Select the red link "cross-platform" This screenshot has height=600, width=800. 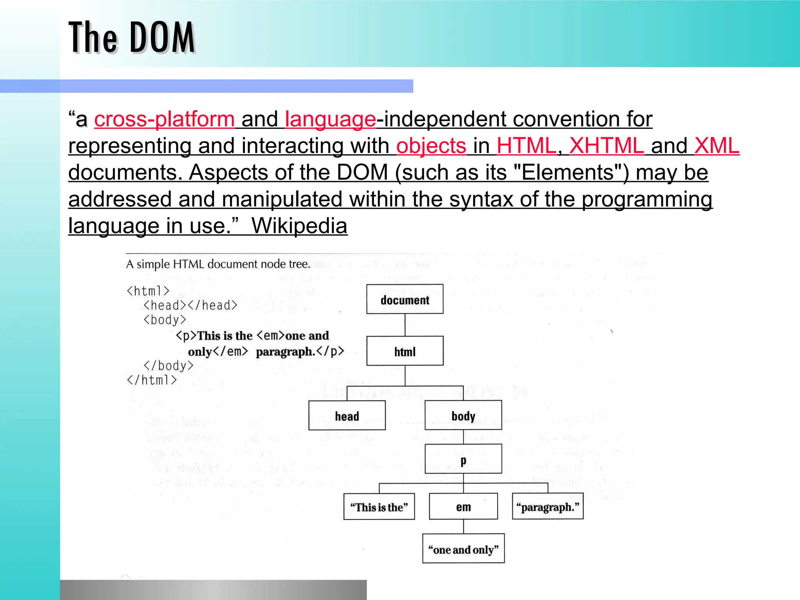(x=164, y=119)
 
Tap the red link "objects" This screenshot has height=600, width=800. (x=431, y=146)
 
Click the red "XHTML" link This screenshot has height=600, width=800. (x=606, y=146)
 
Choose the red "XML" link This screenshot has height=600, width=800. (x=717, y=146)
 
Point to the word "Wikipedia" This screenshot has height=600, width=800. (x=299, y=226)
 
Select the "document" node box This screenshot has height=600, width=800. (x=405, y=300)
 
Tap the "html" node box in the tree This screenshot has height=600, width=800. (x=405, y=351)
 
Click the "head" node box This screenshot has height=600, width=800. (x=347, y=416)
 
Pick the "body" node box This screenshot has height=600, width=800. (x=463, y=416)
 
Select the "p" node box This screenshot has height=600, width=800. (x=463, y=459)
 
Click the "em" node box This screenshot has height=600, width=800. (x=463, y=507)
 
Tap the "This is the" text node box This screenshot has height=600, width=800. (x=379, y=507)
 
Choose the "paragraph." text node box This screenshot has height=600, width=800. (x=548, y=507)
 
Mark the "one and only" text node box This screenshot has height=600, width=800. (x=463, y=549)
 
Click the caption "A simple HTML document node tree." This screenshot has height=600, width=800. (x=218, y=264)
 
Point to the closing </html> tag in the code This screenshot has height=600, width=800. (x=152, y=380)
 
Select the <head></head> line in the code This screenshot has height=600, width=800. (x=190, y=305)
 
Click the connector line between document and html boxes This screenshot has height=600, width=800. (x=405, y=325)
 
